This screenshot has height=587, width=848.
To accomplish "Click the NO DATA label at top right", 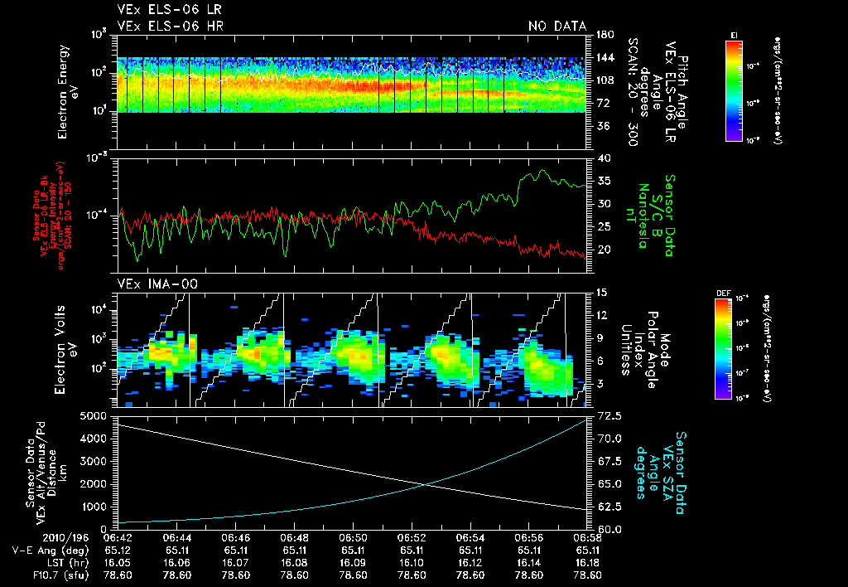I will pos(556,26).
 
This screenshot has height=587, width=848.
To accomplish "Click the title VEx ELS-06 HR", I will pos(170,26).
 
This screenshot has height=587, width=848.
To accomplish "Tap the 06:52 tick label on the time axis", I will pos(412,537).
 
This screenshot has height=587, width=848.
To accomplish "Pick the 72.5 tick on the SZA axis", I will pos(607,415).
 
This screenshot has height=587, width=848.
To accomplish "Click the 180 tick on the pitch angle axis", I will pos(603,35).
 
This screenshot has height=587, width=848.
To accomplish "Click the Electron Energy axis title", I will pos(67,91).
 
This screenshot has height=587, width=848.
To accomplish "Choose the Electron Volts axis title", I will pos(67,348).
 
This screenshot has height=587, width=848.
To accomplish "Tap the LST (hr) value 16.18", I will pos(588,561).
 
